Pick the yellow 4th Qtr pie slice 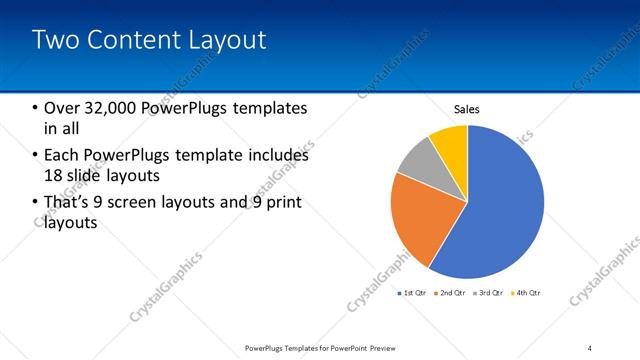point(450,143)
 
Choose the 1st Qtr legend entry point(413,293)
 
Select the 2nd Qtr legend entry point(452,293)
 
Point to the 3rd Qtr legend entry point(490,293)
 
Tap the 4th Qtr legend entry point(527,293)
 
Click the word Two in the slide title point(56,40)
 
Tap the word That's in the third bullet point(67,203)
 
